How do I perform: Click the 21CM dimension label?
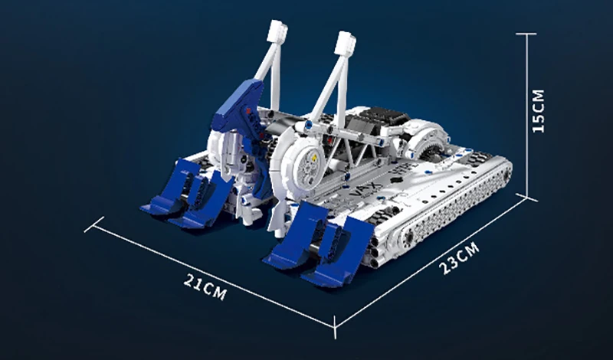[x=205, y=286]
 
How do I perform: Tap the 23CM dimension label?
[x=459, y=258]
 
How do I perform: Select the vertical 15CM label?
[x=538, y=111]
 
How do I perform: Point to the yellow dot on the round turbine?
[x=313, y=157]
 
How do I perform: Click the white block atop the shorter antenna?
[x=277, y=31]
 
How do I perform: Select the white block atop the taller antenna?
[x=346, y=43]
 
